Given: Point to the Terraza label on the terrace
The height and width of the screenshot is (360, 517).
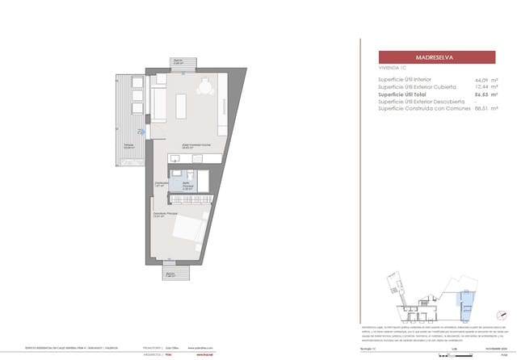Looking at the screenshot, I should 128,145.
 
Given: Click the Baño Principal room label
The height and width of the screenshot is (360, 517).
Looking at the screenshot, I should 187,185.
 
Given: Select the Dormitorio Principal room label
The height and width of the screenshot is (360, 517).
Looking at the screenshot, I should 166,214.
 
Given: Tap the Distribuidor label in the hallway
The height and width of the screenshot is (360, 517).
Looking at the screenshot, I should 161,183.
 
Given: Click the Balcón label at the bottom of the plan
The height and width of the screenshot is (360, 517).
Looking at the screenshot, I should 170,274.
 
